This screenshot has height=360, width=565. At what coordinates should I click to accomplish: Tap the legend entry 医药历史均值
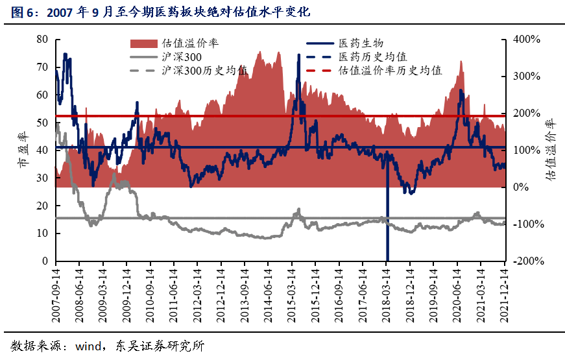tap(372, 57)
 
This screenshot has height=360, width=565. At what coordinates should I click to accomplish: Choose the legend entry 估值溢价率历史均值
tap(390, 71)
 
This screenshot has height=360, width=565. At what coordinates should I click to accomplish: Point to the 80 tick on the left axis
tap(42, 39)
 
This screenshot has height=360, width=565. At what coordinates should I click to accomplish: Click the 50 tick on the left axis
tap(42, 123)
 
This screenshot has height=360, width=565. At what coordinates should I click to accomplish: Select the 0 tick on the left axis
tap(45, 261)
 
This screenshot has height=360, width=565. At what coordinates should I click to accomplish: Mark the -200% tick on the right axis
tap(527, 261)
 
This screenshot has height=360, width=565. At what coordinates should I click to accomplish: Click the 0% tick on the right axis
tap(522, 187)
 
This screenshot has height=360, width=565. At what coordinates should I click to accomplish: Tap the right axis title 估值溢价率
tap(550, 150)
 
